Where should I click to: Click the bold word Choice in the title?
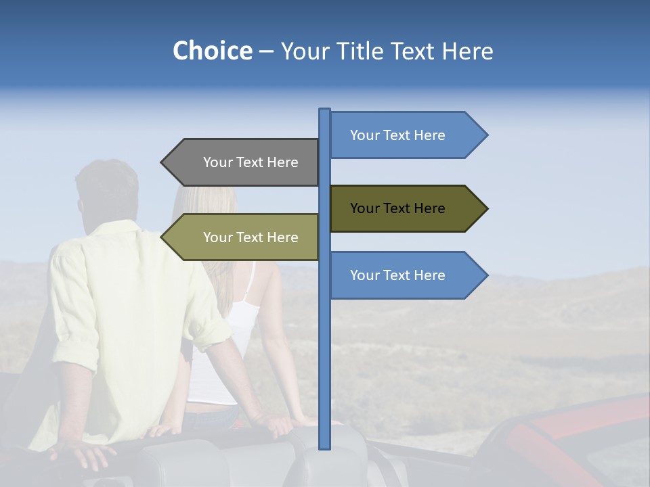pos(212,51)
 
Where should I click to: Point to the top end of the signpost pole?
pos(324,110)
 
